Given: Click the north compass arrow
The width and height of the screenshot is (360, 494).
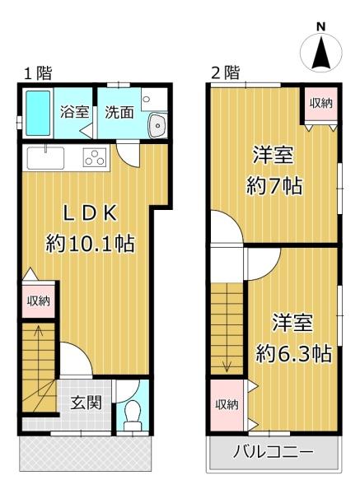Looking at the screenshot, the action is [321, 53].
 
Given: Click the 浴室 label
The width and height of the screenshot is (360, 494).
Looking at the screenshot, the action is [75, 112].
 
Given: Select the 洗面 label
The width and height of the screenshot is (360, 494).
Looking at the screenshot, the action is [119, 112].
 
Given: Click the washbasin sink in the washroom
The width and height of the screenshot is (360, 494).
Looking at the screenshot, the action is [158, 125].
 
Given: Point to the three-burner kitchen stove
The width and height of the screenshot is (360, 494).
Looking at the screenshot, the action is [95, 157].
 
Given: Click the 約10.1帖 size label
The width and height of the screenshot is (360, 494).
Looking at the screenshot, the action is [90, 243].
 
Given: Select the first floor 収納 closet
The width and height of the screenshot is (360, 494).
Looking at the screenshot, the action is [39, 301].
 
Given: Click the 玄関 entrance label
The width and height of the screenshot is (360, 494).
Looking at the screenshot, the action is [86, 403].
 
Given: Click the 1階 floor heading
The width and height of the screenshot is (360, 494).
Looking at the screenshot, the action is [38, 74].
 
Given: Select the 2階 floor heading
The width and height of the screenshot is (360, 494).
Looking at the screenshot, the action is [226, 73].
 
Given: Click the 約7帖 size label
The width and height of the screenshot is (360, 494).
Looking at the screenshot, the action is [274, 186].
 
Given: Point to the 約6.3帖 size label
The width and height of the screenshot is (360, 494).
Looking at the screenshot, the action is [293, 353].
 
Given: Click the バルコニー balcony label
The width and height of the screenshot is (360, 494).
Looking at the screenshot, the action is [274, 452].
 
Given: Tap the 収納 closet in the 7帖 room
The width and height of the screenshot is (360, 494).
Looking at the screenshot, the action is [321, 104].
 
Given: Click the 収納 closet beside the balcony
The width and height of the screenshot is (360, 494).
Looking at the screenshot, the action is [227, 405].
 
